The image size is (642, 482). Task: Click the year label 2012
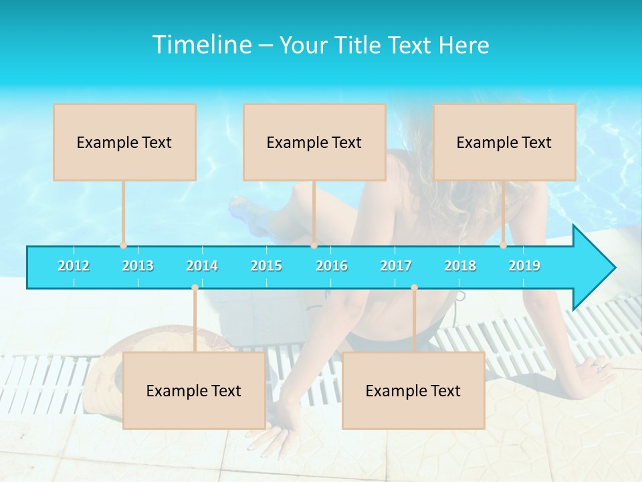(74, 266)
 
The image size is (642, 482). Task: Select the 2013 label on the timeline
(138, 266)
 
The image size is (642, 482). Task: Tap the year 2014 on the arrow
(202, 266)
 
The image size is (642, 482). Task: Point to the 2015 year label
(266, 266)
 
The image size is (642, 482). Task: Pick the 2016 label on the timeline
(332, 266)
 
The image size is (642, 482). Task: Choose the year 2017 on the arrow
(396, 266)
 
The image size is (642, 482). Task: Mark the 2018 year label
(460, 266)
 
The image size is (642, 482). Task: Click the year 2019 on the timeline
(524, 266)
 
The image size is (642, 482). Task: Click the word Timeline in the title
(201, 45)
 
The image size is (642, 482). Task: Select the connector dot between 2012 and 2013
(123, 246)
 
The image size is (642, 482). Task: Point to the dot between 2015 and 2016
(314, 246)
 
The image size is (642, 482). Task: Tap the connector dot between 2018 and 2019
(504, 246)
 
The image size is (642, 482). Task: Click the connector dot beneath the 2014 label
(195, 288)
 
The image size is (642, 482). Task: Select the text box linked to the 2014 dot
(194, 391)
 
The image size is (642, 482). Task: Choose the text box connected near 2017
(413, 391)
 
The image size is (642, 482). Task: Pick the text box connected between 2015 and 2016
(314, 143)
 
